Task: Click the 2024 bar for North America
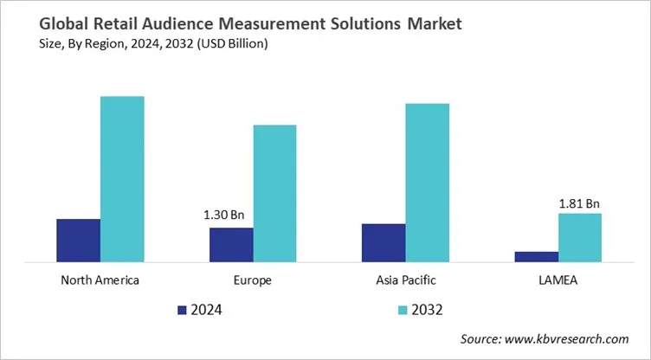tap(79, 240)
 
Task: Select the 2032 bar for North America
tap(122, 178)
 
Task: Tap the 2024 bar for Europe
tap(231, 244)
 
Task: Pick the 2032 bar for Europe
tap(274, 193)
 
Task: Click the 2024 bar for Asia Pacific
tap(384, 242)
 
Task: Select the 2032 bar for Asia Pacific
tap(427, 182)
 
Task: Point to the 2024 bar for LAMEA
tap(536, 256)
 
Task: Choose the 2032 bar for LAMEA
tap(579, 237)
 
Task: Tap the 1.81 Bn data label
tap(579, 203)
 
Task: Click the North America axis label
tap(100, 280)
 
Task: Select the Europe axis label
tap(253, 280)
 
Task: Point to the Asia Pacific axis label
tap(405, 280)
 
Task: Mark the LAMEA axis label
tap(558, 280)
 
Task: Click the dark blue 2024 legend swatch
tap(182, 309)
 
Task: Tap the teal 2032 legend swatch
tap(403, 309)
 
